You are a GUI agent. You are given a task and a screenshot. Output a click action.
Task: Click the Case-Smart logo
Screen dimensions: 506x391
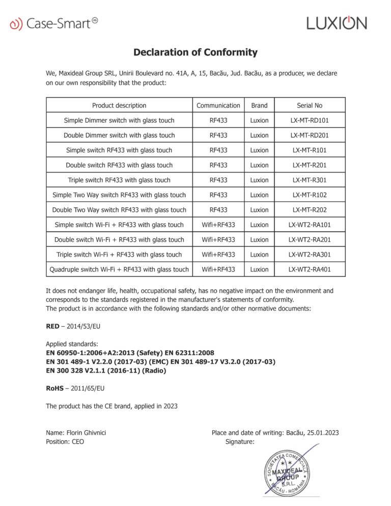(54, 23)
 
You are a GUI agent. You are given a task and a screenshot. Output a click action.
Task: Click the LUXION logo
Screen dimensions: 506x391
(337, 23)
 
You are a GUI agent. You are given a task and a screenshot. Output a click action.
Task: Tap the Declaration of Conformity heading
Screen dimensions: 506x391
(195, 52)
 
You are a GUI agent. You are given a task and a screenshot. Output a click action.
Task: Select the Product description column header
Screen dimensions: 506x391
(119, 105)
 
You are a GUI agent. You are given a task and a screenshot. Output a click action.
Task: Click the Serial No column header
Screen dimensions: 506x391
(310, 105)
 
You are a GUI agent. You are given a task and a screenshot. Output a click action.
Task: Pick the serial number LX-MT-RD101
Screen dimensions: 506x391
(310, 121)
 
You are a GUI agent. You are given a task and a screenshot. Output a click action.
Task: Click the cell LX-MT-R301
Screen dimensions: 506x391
(310, 180)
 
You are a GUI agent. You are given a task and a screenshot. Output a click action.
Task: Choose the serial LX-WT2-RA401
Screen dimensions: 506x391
(310, 269)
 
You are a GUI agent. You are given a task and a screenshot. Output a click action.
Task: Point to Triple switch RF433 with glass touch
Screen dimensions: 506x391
(119, 180)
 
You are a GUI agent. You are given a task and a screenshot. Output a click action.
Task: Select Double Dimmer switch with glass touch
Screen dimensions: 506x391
(119, 135)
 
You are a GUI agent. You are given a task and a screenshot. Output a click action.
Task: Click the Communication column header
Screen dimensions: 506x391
(218, 105)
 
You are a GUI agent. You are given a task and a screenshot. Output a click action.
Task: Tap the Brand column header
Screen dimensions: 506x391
(259, 105)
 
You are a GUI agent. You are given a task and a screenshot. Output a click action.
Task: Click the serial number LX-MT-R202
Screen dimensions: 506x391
(310, 210)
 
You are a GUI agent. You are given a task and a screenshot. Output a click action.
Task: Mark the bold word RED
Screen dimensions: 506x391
(53, 326)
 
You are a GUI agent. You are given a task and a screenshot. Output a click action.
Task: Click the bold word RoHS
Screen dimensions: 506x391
(54, 388)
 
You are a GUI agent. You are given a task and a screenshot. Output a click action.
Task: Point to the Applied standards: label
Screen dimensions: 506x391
(72, 344)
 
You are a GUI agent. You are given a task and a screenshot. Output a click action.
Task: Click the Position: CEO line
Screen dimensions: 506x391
(65, 442)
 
